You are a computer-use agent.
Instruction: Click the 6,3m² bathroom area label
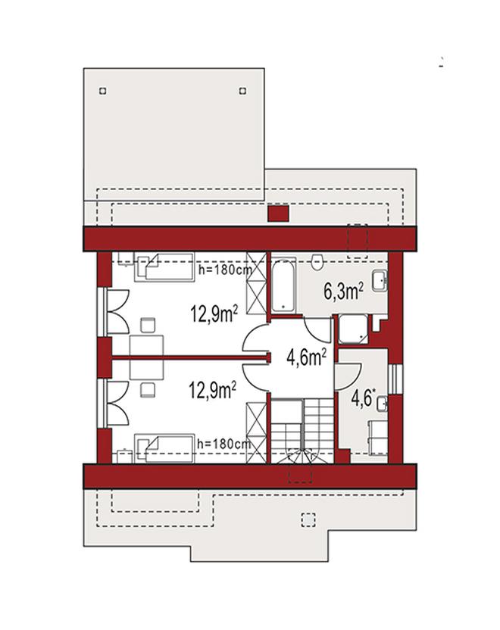point(344,292)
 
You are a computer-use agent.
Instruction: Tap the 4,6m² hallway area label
point(306,357)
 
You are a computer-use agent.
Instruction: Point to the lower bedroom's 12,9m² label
point(213,390)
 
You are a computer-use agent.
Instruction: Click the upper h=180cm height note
point(225,270)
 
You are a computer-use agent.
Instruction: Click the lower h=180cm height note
point(224,444)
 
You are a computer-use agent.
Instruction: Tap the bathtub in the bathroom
point(284,285)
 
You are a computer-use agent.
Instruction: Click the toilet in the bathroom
point(317,261)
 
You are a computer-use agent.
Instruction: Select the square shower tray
point(353,329)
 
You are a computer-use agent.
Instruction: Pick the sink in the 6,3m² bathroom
point(380,280)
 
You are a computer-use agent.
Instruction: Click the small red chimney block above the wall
point(278,214)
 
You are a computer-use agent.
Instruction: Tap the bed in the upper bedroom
point(166,267)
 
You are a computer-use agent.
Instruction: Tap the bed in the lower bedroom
point(164,448)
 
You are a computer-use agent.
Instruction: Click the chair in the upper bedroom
point(148,326)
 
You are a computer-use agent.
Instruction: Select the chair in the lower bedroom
point(148,390)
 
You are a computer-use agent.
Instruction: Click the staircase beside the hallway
point(302,430)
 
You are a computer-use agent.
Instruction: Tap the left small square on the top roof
point(103,91)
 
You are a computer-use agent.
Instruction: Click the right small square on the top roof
point(242,91)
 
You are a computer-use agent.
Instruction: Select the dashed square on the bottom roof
point(308,519)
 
